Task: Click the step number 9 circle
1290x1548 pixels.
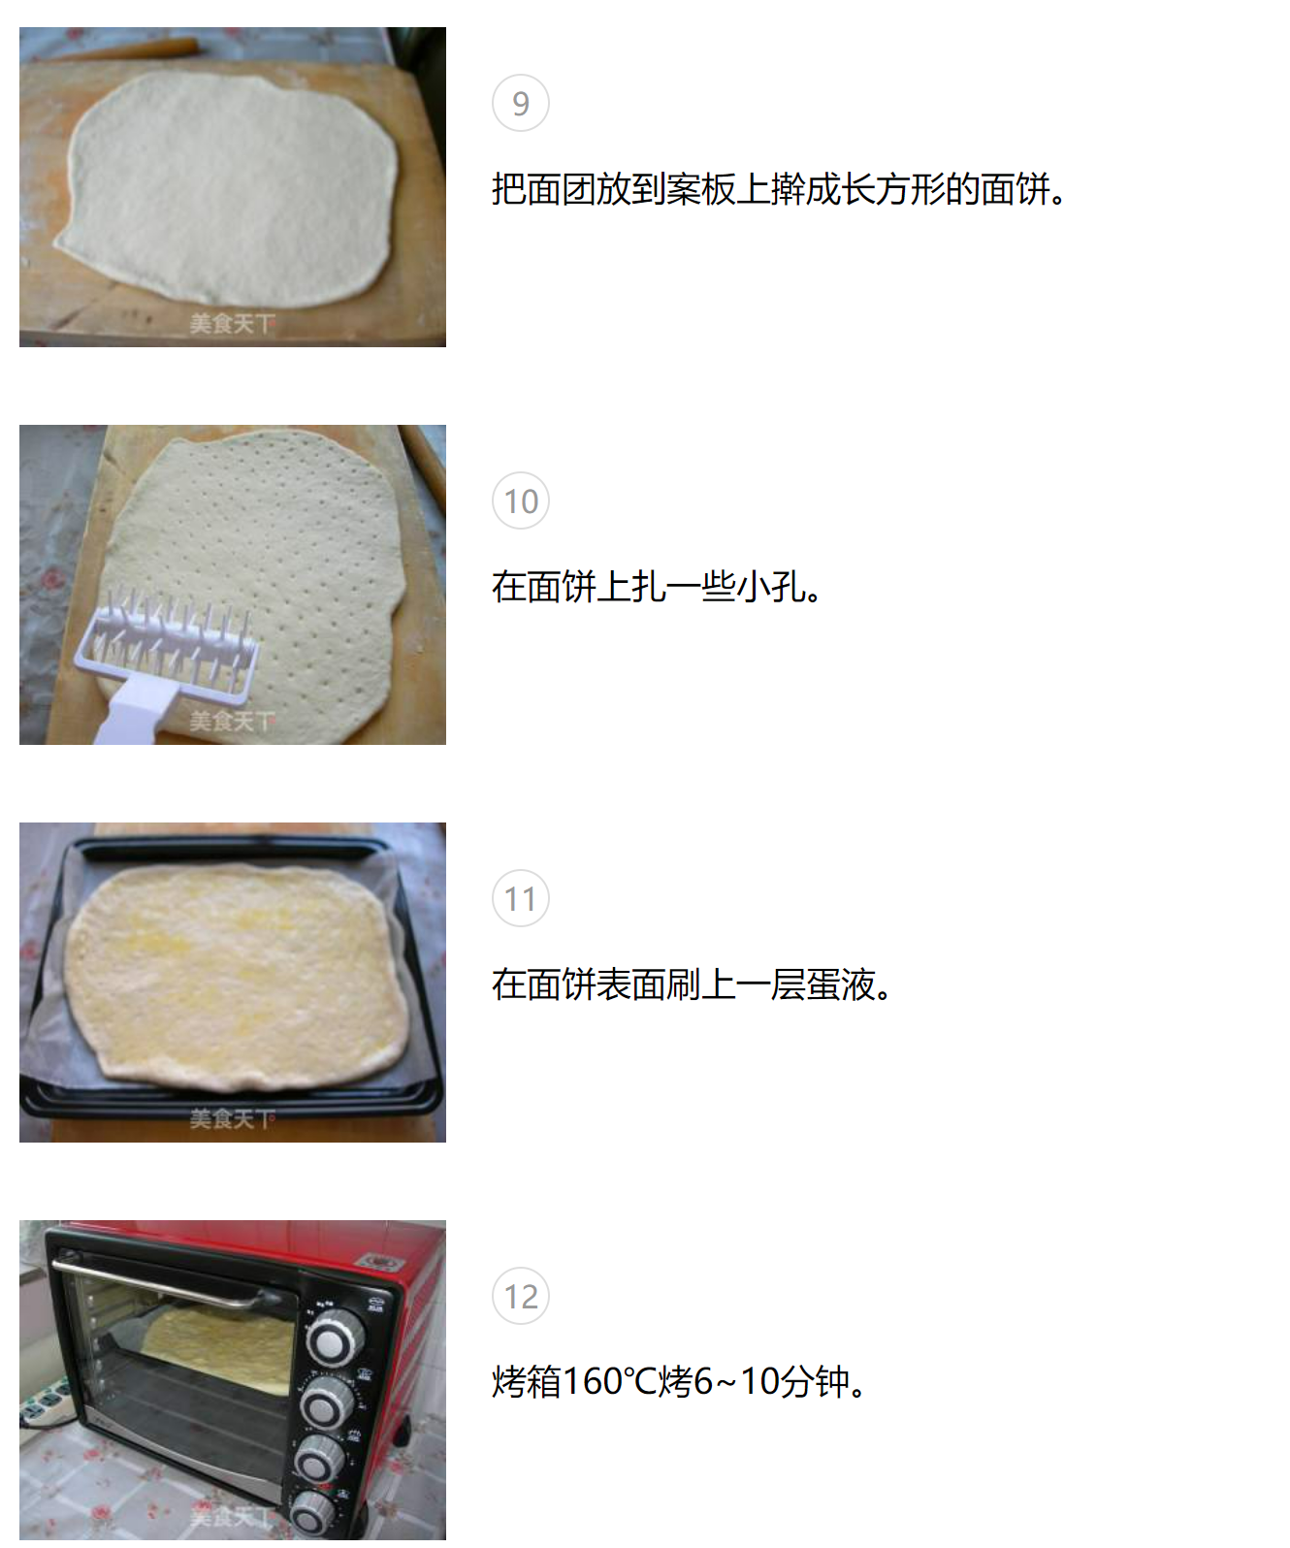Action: pos(521,103)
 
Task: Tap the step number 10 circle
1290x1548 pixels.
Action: pos(521,500)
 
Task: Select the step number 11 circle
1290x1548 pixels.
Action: pos(521,898)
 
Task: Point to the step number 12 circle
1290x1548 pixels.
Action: pos(521,1296)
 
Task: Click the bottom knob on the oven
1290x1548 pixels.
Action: pos(313,1512)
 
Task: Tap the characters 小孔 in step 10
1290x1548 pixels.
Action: pos(771,587)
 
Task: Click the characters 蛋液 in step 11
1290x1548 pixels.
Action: pos(841,984)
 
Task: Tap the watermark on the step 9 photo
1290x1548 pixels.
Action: pos(232,323)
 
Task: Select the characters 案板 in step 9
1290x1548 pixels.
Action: pos(700,189)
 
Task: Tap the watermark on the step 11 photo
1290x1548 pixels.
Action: pos(232,1118)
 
